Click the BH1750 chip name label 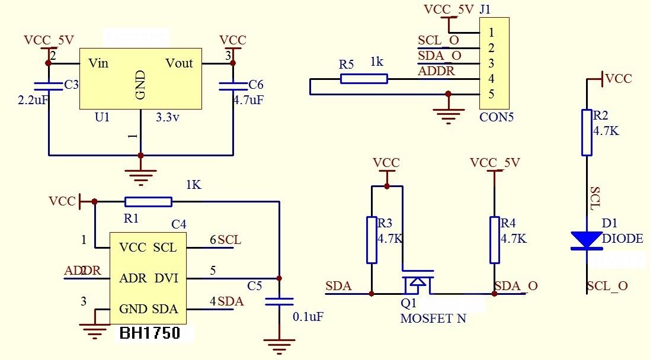coord(150,333)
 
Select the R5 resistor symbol coord(364,79)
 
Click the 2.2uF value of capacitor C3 coord(33,100)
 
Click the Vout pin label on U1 coord(179,63)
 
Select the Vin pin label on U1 coord(98,63)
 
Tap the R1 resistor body coord(148,202)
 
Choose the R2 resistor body coord(587,132)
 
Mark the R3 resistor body coord(372,240)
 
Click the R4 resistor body coord(495,240)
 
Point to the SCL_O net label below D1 coord(607,286)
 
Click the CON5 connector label coord(497,117)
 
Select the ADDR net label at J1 coord(436,72)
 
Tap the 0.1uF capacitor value coord(308,317)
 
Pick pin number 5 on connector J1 coord(491,94)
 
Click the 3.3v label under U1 coord(168,117)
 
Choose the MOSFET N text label coord(433,319)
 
